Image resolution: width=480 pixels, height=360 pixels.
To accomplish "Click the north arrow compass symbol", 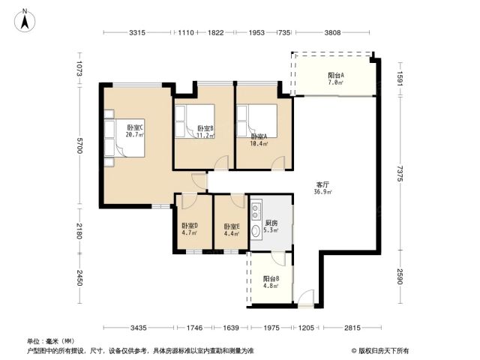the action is coord(25,20).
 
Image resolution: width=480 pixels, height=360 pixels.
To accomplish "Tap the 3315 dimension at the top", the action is coord(136,32).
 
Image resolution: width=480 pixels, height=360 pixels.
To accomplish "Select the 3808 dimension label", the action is coord(332,32).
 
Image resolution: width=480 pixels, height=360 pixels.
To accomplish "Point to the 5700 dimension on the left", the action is coord(79,145).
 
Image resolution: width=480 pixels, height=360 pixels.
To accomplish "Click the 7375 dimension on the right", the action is coord(400,173).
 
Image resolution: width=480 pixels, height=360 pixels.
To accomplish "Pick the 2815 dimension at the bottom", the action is coord(352,328).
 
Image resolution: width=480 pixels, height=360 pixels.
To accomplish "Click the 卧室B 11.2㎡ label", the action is coord(205,132).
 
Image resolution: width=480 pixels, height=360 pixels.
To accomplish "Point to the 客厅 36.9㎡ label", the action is coord(323,188).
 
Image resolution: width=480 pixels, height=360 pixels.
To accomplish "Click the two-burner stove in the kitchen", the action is coord(256,211).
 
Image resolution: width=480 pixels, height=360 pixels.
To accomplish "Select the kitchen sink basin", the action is coord(256,232).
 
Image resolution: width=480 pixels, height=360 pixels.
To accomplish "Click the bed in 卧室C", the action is coord(124,138).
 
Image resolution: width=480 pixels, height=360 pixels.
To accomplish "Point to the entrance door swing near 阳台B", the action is coord(307,296).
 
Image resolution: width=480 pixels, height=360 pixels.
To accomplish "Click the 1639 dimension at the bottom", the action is coord(231,328).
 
